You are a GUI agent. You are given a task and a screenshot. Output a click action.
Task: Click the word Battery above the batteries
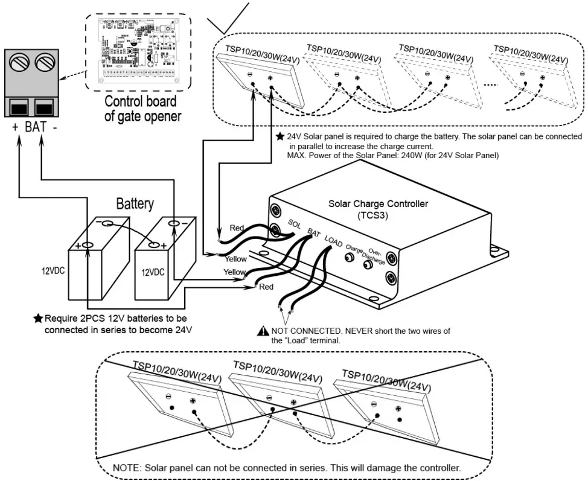135,203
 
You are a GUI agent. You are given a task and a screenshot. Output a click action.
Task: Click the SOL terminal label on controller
295,224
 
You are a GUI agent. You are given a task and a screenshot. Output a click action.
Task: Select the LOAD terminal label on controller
333,240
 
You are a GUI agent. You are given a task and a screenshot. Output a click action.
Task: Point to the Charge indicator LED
348,258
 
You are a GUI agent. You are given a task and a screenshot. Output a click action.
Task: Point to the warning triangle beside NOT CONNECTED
263,331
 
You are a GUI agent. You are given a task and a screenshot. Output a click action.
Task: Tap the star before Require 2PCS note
39,317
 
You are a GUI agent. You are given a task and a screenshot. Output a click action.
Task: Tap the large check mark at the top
228,18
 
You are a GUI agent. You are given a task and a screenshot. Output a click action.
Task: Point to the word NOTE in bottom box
127,467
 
